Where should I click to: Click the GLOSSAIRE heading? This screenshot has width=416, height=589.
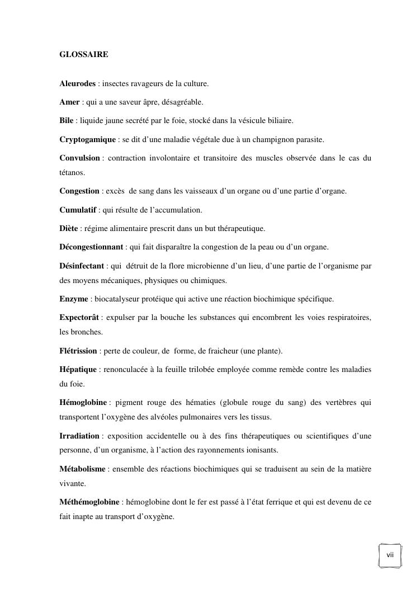(x=84, y=55)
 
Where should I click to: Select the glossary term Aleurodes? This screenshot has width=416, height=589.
(x=78, y=84)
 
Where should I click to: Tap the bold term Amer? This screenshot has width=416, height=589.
(x=70, y=102)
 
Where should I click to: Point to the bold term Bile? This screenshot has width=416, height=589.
(x=67, y=121)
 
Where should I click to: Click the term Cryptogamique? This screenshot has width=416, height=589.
(x=88, y=139)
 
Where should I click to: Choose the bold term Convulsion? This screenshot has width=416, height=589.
(x=80, y=158)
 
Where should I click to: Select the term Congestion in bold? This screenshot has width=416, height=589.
(x=79, y=191)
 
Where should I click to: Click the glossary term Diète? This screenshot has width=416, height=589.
(x=69, y=229)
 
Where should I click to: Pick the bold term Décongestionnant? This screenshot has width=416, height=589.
(x=91, y=247)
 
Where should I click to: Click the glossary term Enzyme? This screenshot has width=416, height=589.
(x=74, y=299)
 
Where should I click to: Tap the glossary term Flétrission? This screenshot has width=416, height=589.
(x=79, y=351)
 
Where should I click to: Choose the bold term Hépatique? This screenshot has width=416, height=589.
(x=78, y=370)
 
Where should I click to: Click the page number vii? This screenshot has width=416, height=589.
(x=390, y=554)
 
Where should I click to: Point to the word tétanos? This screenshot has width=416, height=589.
(x=72, y=173)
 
